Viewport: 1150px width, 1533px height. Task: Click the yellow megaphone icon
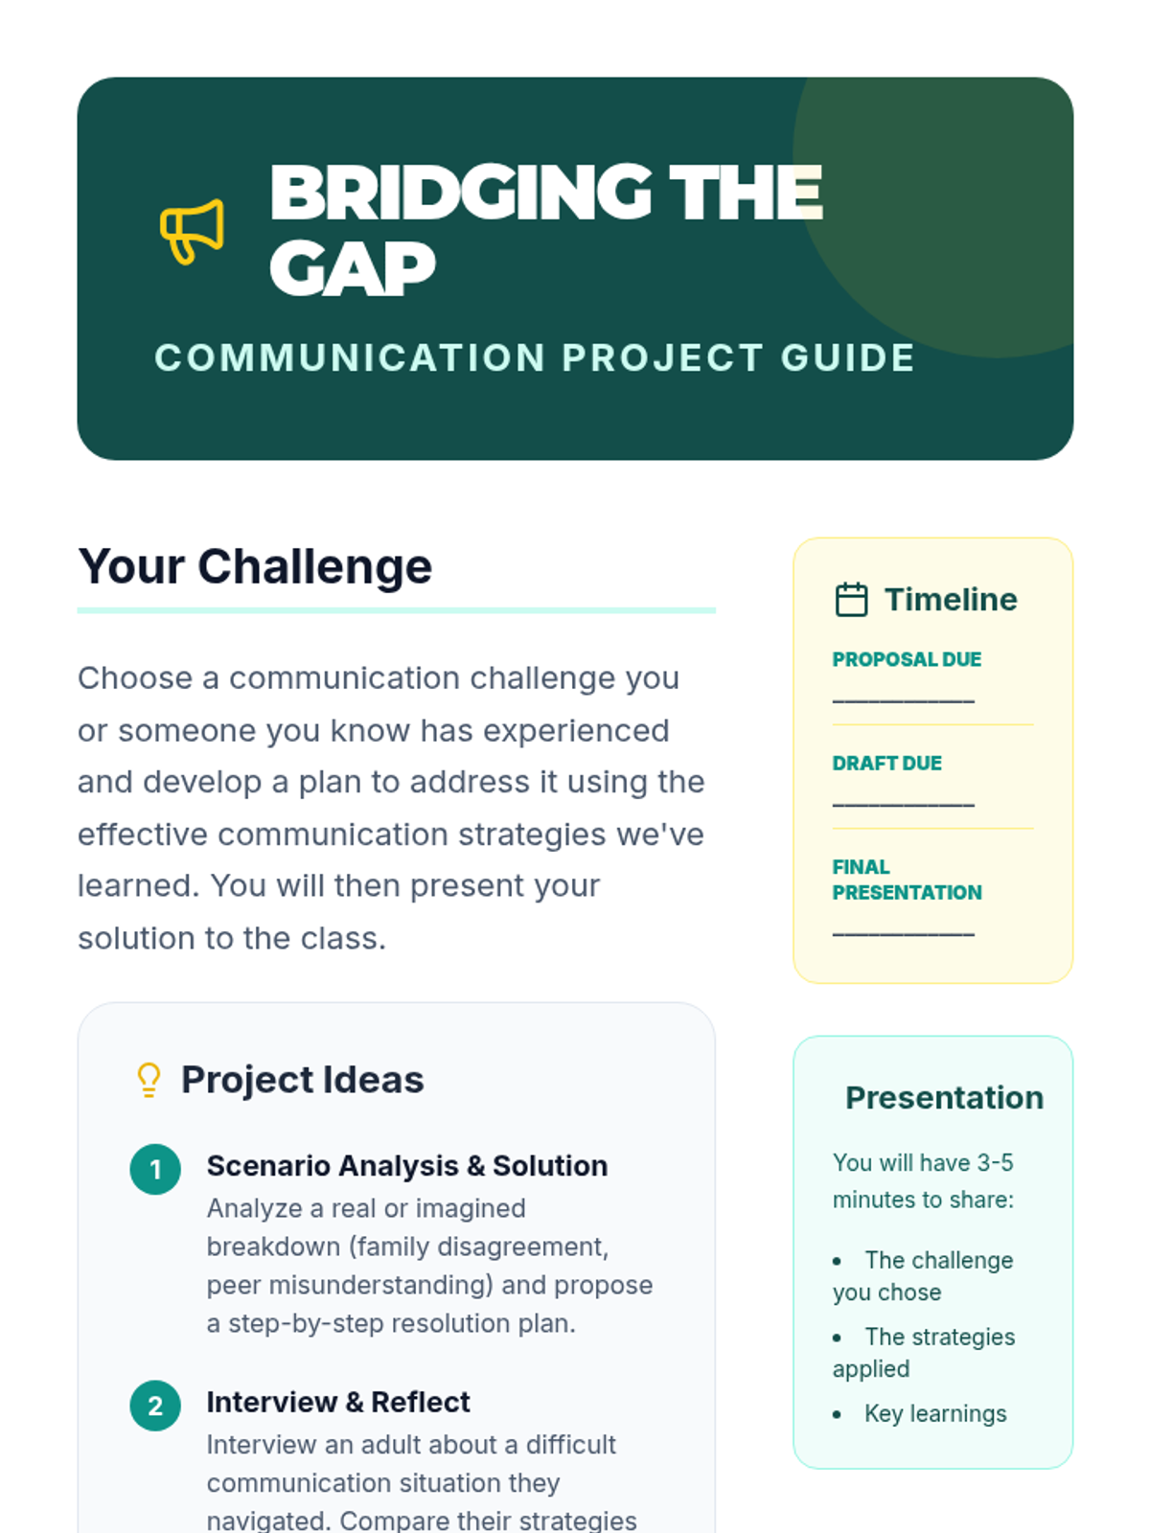coord(192,231)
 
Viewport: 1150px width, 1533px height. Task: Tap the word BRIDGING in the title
coord(461,192)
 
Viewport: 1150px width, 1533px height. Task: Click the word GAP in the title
coord(353,269)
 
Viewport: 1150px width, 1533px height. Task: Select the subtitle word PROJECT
coord(662,357)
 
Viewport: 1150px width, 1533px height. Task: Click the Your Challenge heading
coord(255,565)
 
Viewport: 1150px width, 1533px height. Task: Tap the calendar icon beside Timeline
coord(851,599)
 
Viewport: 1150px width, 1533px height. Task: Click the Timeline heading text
coord(951,599)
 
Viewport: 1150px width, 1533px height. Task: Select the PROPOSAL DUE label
coord(907,659)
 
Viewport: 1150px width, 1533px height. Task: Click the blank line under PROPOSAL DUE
coord(903,700)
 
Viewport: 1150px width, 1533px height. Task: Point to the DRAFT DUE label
coord(886,763)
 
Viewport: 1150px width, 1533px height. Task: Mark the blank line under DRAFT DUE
coord(903,805)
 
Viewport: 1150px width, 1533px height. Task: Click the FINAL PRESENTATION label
coord(907,880)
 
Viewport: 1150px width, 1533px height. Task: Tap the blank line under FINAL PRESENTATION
coord(903,934)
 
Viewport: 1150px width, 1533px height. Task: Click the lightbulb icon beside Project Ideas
coord(149,1080)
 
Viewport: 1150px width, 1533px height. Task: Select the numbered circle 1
coord(155,1169)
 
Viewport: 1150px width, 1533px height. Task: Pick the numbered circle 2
coord(155,1406)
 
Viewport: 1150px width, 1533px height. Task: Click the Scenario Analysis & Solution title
coord(407,1166)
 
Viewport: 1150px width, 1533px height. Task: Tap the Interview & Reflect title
coord(338,1402)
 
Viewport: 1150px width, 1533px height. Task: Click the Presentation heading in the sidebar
coord(944,1098)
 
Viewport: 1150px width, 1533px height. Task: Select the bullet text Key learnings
coord(935,1413)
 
